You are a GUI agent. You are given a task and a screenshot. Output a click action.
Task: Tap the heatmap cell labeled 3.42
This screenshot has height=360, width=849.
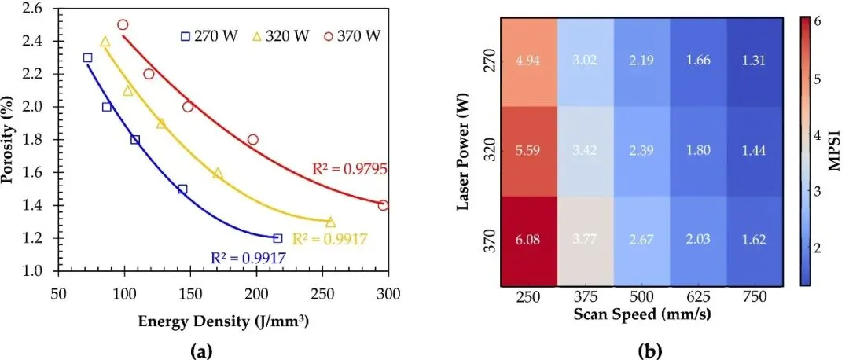[586, 152]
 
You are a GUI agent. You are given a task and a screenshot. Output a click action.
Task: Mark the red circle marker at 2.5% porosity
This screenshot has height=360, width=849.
[123, 24]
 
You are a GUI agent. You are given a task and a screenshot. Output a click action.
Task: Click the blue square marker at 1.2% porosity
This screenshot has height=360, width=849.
[277, 237]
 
